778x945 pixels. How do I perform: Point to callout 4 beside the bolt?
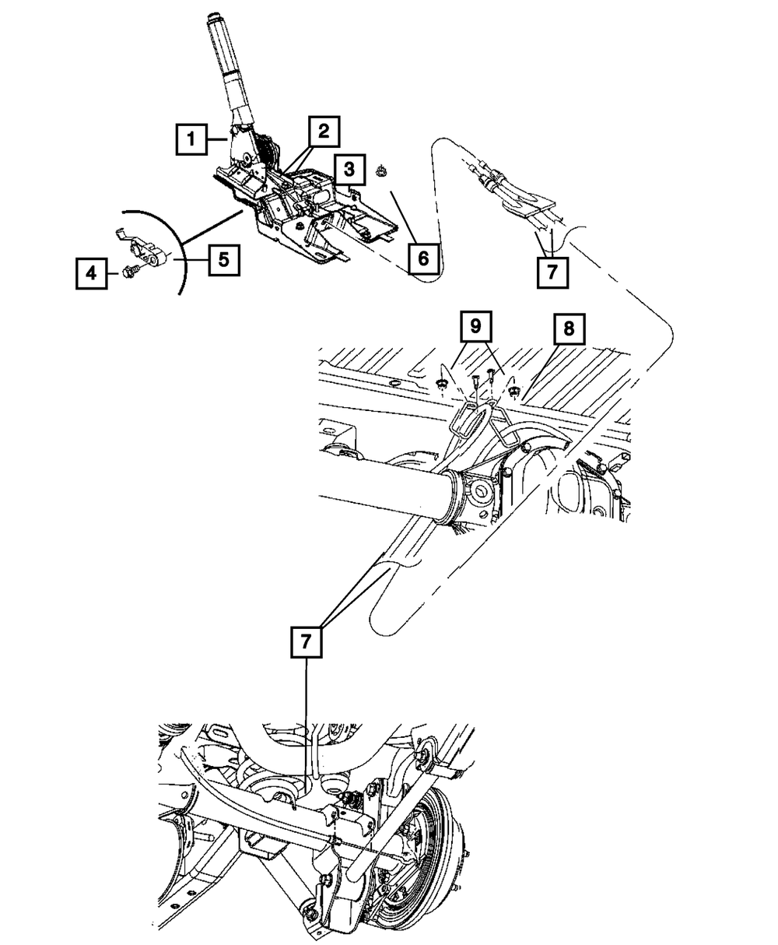pos(91,273)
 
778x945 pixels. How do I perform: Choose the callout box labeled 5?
pos(223,260)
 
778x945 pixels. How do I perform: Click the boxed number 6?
pos(423,258)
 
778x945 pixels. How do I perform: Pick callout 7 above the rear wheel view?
pos(307,642)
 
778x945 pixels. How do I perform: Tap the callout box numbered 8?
pos(569,328)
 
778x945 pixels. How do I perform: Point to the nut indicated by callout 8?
pos(515,392)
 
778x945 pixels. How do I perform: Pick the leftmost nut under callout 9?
pos(441,384)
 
